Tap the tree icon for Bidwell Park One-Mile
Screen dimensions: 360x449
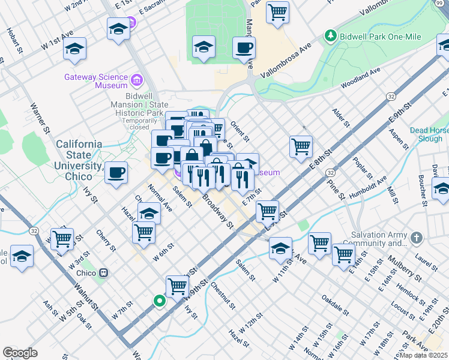[330, 37]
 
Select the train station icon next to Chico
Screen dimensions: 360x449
[104, 272]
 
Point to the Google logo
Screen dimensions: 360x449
[20, 352]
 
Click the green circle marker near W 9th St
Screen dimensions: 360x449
[159, 301]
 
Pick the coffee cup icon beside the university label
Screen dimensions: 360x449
[116, 172]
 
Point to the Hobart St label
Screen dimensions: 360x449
[13, 38]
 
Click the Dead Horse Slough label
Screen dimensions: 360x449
[429, 134]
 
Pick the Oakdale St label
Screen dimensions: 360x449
[335, 304]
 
